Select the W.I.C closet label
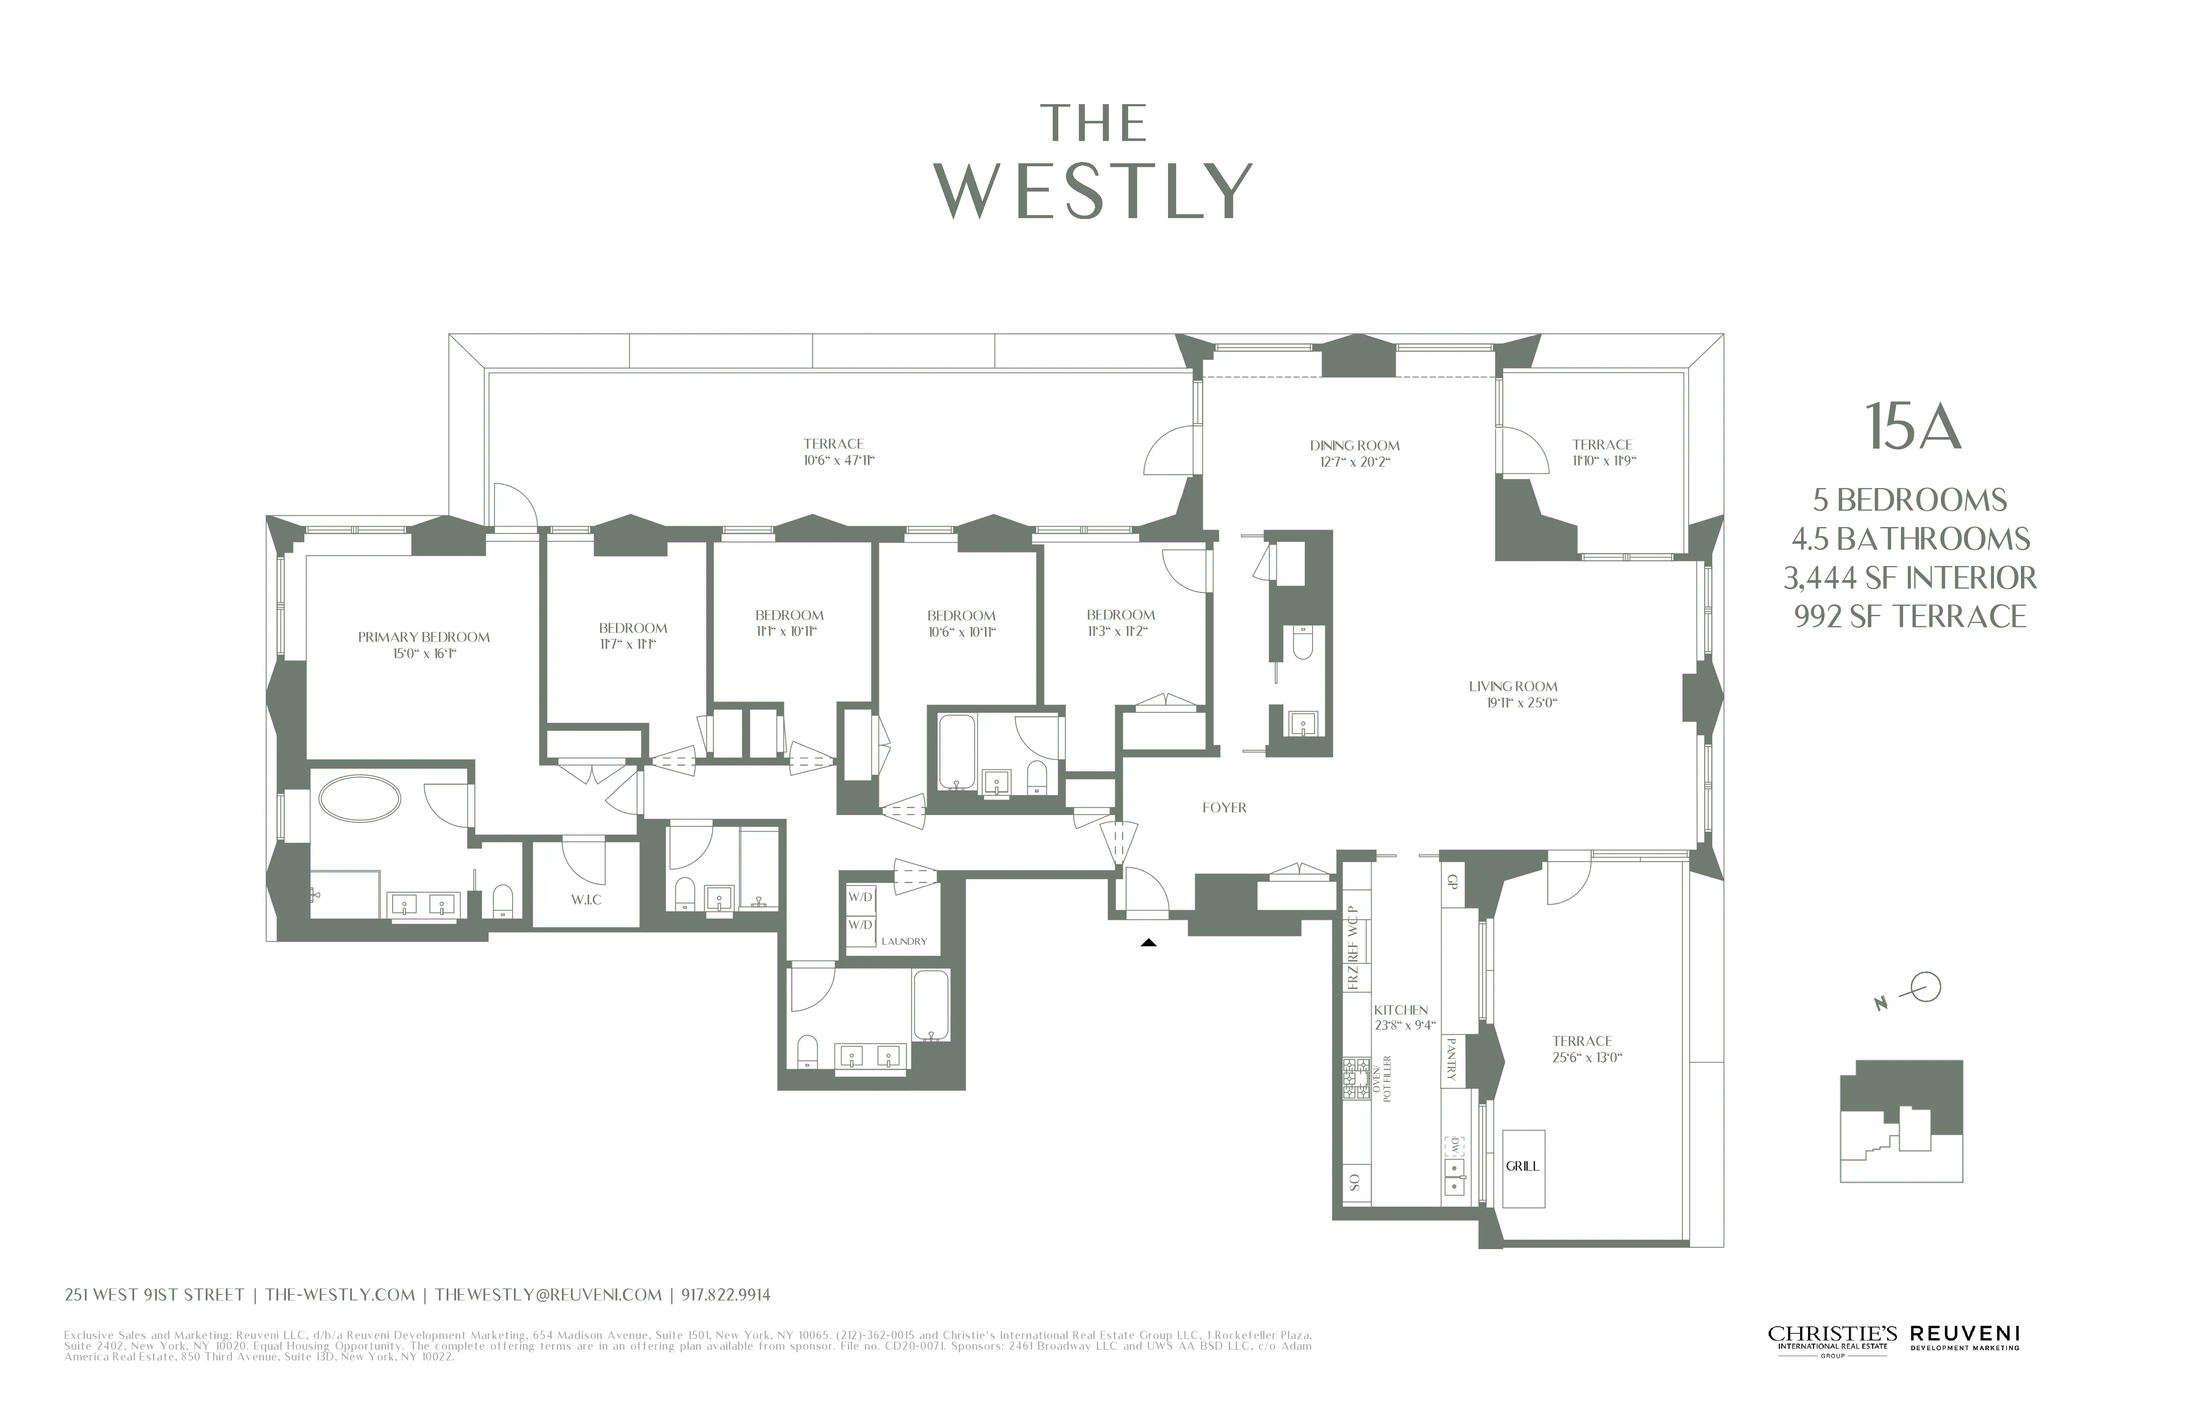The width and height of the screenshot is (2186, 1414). click(x=586, y=900)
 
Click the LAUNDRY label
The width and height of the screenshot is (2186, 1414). click(x=904, y=941)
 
